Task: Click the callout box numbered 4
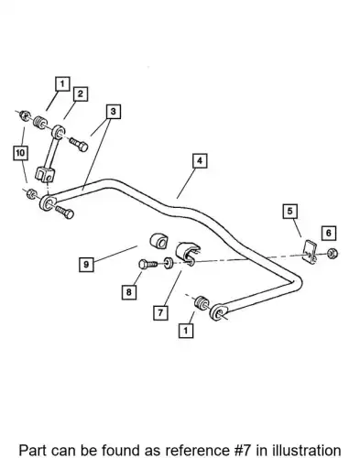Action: click(200, 161)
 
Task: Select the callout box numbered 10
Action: click(20, 153)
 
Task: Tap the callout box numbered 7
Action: click(160, 312)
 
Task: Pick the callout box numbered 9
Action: click(86, 265)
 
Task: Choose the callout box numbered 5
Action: click(289, 211)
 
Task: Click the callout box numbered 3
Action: click(114, 112)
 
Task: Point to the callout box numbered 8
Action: click(129, 292)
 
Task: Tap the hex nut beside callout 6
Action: click(332, 254)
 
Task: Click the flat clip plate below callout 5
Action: click(310, 252)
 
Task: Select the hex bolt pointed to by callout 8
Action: click(147, 264)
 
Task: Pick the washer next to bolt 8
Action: click(168, 263)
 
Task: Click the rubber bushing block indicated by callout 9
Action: click(158, 241)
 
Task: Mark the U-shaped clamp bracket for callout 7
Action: click(187, 254)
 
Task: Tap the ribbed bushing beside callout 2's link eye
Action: click(39, 123)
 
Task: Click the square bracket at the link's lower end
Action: click(45, 174)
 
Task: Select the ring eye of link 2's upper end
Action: click(58, 132)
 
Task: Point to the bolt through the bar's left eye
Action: click(65, 212)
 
